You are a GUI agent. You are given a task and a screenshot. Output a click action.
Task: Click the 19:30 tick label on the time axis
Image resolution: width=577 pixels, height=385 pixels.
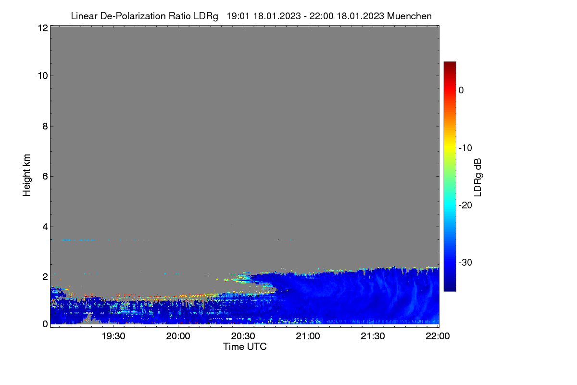click(x=113, y=336)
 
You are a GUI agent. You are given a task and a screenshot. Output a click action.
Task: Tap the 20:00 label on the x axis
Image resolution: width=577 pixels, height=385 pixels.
click(x=178, y=336)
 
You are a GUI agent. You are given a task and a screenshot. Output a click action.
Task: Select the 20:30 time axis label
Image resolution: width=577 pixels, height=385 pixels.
click(x=243, y=336)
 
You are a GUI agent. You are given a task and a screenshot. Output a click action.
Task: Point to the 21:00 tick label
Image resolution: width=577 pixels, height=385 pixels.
click(x=308, y=336)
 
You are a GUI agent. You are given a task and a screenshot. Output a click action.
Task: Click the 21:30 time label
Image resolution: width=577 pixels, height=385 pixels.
click(x=373, y=336)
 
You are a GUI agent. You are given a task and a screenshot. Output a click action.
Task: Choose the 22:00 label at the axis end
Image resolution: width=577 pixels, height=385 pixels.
click(x=438, y=336)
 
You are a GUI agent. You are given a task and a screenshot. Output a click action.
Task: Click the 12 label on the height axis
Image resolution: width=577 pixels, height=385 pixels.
click(x=43, y=28)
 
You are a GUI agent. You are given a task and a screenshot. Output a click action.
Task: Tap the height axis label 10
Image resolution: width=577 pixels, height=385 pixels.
click(x=43, y=76)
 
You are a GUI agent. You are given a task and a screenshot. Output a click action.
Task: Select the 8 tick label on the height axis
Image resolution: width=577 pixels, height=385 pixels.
click(x=45, y=126)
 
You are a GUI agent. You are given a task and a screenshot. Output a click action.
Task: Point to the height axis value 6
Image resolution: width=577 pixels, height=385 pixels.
click(x=45, y=177)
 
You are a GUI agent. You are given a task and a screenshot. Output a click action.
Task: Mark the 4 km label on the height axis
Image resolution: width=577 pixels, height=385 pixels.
click(x=45, y=227)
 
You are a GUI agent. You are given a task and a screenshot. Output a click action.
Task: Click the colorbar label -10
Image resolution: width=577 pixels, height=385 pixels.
click(x=465, y=148)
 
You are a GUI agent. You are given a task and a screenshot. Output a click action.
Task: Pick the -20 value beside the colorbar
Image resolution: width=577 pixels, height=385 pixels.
click(x=465, y=205)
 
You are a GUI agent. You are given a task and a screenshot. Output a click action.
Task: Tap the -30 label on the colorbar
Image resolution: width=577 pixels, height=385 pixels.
click(x=465, y=262)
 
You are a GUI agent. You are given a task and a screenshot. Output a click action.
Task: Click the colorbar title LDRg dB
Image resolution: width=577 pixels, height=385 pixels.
click(x=478, y=178)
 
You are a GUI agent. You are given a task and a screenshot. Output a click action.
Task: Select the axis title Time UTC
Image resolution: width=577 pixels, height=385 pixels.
click(x=245, y=347)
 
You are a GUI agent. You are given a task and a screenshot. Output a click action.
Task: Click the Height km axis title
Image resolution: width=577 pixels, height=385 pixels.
click(x=26, y=175)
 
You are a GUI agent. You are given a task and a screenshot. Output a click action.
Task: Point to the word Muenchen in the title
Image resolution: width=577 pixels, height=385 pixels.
click(x=409, y=16)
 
